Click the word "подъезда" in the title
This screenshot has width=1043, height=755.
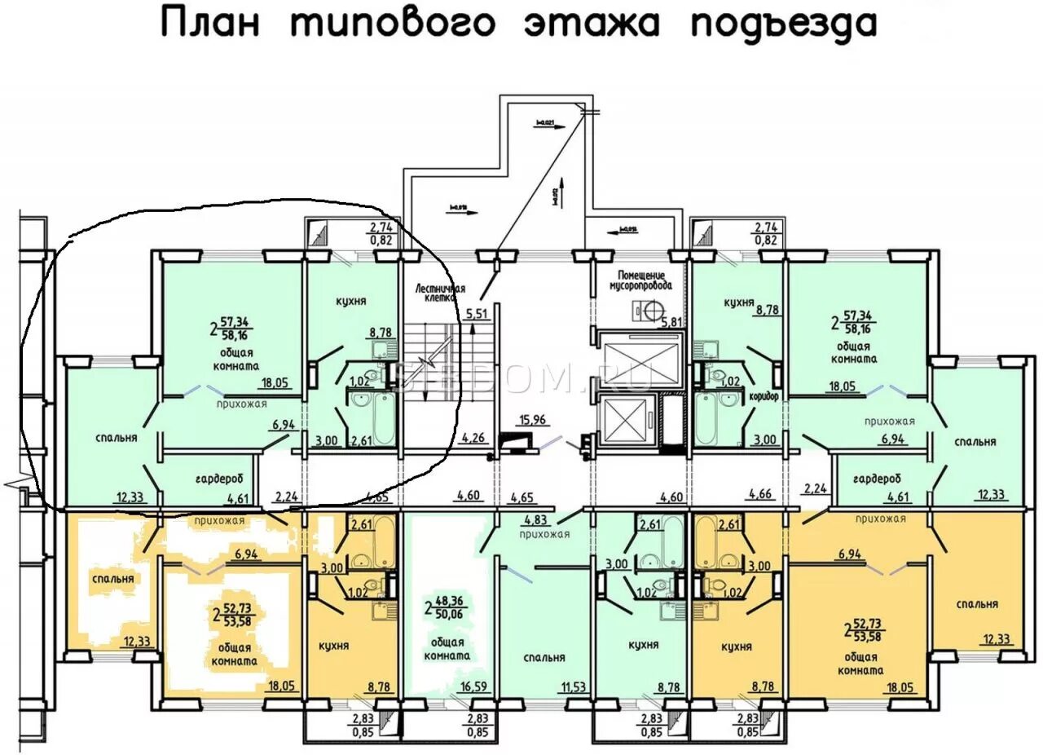(783, 24)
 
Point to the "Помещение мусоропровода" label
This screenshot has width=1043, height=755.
(641, 281)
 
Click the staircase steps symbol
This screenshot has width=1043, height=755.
(430, 360)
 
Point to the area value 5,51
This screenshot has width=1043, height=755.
(476, 312)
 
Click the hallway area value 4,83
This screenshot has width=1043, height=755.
(535, 519)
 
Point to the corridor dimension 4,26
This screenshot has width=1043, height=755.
(473, 438)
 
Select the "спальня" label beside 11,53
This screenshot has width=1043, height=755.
(544, 657)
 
